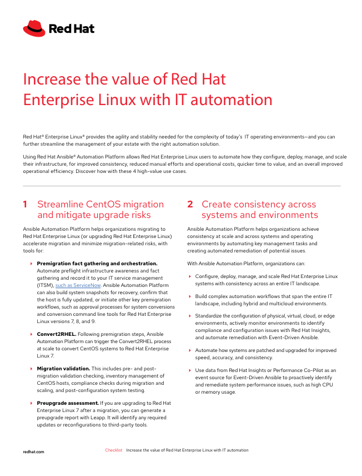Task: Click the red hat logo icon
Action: tap(33, 28)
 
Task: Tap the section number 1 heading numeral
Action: tap(26, 205)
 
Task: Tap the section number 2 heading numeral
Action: tap(190, 205)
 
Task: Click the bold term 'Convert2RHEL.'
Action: tap(56, 334)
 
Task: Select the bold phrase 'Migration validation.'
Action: tap(63, 369)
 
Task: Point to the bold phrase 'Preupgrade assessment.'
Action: tap(67, 403)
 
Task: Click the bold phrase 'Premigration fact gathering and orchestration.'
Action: tap(97, 263)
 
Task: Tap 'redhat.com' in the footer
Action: tap(33, 452)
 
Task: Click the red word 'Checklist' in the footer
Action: tap(113, 450)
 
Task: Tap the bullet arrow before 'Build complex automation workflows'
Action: tap(190, 296)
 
